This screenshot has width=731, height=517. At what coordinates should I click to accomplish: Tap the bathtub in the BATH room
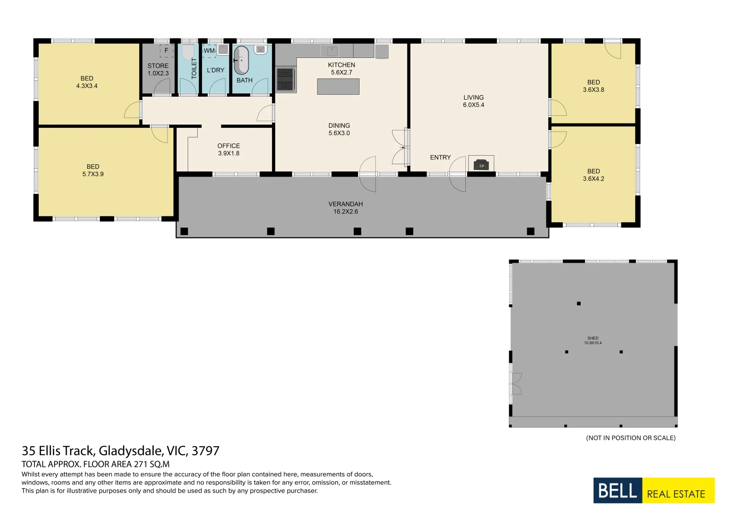[x=241, y=60]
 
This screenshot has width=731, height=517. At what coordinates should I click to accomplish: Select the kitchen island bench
[x=338, y=87]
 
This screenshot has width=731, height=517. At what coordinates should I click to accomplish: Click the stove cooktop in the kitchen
[x=285, y=79]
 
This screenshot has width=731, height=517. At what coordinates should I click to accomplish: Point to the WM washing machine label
[x=209, y=51]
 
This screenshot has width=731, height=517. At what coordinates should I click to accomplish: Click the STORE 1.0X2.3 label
[x=158, y=70]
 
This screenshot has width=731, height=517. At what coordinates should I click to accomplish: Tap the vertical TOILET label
[x=194, y=68]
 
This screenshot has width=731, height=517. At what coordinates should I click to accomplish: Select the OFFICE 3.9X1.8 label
[x=228, y=150]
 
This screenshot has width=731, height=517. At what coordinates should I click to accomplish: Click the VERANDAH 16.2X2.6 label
[x=345, y=208]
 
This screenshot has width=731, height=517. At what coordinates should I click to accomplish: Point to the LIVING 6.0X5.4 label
[x=473, y=101]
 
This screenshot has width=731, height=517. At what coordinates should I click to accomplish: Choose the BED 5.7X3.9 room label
[x=93, y=170]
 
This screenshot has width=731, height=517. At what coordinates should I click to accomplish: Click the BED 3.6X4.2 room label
[x=593, y=175]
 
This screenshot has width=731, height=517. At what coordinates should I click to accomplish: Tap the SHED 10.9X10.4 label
[x=593, y=340]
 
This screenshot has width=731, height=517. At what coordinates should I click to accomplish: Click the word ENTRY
[x=440, y=157]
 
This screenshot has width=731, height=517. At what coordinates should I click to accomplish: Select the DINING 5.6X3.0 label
[x=339, y=129]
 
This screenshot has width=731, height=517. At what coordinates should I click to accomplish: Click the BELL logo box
[x=617, y=491]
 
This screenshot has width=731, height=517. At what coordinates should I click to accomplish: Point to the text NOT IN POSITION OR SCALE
[x=630, y=438]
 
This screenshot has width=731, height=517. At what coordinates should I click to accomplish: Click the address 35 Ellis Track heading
[x=120, y=451]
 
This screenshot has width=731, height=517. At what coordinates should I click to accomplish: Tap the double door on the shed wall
[x=515, y=383]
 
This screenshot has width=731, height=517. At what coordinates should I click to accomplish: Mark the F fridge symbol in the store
[x=166, y=51]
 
